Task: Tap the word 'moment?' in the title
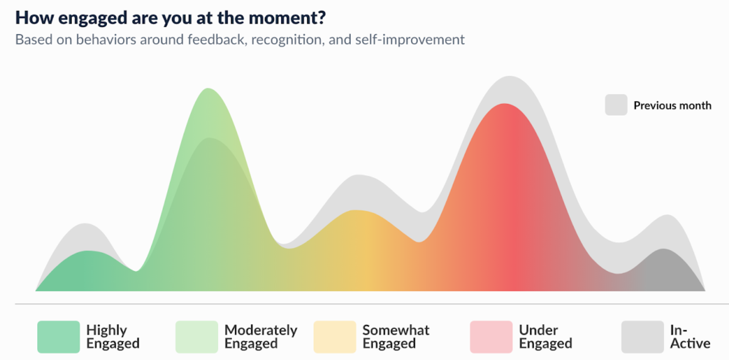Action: [287, 17]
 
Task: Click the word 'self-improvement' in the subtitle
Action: [410, 40]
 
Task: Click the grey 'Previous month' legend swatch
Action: [616, 105]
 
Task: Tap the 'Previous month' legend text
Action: [672, 105]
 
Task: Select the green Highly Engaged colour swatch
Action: [59, 337]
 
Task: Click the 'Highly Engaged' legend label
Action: [113, 337]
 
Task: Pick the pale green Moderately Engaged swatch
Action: [196, 337]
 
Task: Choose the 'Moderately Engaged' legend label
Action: [261, 337]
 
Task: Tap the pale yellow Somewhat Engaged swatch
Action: [335, 337]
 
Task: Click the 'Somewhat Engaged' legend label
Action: [396, 337]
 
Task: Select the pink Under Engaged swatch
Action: [491, 337]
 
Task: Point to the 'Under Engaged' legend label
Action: [545, 337]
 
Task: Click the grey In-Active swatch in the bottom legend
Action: [643, 337]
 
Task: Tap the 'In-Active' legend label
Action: [690, 337]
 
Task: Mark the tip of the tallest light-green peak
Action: [208, 88]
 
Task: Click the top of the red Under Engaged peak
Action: [504, 104]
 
